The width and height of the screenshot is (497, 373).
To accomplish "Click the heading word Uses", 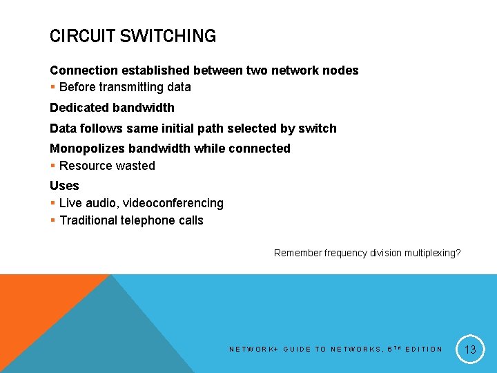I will [x=64, y=186].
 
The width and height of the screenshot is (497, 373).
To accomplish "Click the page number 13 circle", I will [x=470, y=349].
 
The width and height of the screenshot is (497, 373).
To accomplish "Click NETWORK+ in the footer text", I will [x=253, y=350].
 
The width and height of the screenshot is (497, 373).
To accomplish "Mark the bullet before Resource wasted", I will [x=53, y=166].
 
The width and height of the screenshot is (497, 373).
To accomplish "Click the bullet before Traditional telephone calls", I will [x=53, y=220].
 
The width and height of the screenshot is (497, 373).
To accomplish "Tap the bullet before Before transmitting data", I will [x=53, y=88].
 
